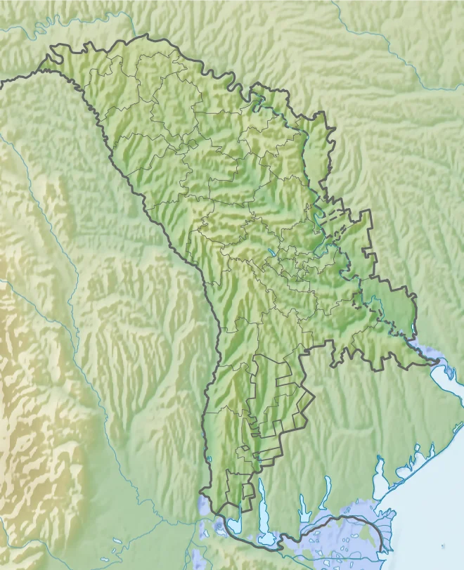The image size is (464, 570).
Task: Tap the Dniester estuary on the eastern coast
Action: [446, 380]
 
